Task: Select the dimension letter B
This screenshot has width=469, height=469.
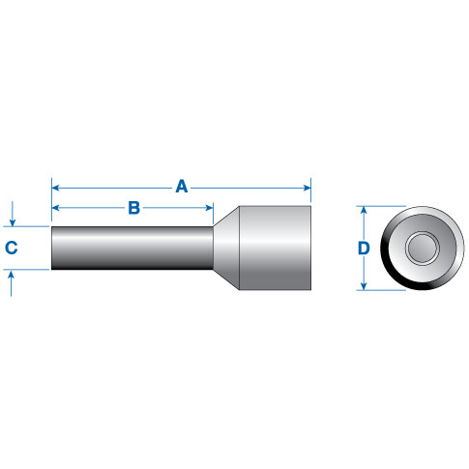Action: [x=134, y=208]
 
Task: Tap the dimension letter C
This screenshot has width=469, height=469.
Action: [x=12, y=249]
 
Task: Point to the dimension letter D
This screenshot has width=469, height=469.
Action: [x=364, y=249]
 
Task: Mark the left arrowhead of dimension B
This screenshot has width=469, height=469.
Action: [x=56, y=208]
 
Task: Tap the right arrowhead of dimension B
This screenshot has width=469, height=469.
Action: [x=209, y=208]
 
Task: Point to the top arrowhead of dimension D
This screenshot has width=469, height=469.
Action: [x=364, y=209]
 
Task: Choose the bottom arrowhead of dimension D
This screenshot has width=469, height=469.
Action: [x=364, y=287]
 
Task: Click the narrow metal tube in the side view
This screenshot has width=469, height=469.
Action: [x=131, y=249]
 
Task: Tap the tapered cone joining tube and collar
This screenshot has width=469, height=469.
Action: [x=224, y=249]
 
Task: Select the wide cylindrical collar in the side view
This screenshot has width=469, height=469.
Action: [x=274, y=249]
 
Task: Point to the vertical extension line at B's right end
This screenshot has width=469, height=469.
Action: [x=214, y=214]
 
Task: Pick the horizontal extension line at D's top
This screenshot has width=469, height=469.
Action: [x=387, y=205]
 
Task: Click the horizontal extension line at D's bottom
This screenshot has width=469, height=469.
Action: [x=387, y=291]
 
